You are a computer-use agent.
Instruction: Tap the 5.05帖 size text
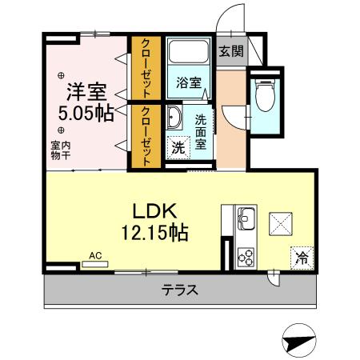[84, 113]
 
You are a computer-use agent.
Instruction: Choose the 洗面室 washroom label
[201, 132]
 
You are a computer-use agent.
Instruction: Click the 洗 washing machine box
[177, 148]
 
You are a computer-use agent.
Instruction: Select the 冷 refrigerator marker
[302, 257]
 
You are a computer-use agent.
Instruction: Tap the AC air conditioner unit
[97, 261]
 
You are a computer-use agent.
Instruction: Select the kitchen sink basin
[244, 216]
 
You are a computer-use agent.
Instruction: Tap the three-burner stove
[244, 257]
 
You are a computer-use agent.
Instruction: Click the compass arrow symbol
[298, 340]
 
